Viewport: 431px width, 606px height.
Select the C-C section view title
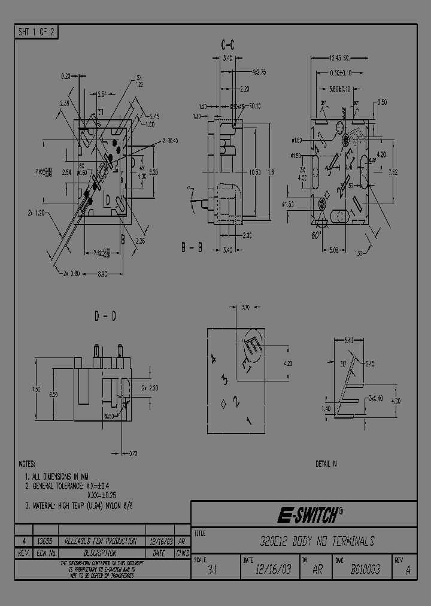[x=228, y=45]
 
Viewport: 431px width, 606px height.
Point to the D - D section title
[x=106, y=316]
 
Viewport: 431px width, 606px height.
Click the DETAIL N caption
[x=326, y=464]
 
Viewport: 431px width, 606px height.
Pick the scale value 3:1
[x=212, y=571]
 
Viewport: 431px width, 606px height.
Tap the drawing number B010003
[x=365, y=570]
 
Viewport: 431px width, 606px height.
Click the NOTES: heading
[x=27, y=464]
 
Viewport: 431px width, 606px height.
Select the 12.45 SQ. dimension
[x=339, y=58]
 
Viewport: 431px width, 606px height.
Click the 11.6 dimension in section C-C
[x=270, y=172]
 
